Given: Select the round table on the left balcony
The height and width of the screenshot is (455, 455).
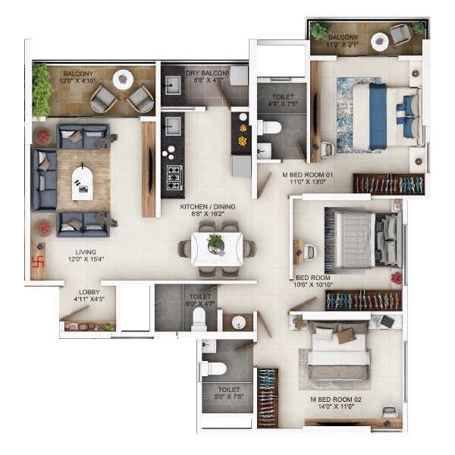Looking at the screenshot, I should (x=122, y=79).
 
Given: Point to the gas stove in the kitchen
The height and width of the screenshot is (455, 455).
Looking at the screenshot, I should (x=174, y=176).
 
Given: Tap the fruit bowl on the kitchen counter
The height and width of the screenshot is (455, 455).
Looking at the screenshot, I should (x=242, y=140).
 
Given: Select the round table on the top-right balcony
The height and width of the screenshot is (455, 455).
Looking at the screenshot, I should (x=399, y=38).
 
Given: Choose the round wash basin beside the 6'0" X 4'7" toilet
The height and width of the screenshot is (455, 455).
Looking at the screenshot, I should (x=239, y=322).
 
